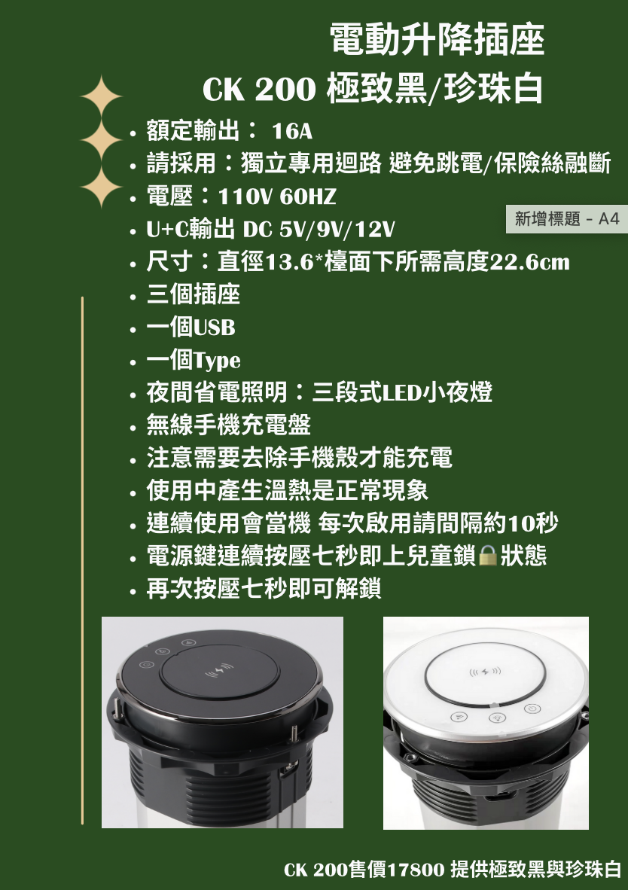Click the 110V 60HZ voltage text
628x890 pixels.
pos(276,197)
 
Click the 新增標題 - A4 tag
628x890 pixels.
pos(566,219)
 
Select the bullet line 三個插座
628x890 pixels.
pos(194,294)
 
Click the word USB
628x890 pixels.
pos(215,328)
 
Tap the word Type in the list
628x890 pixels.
pos(218,361)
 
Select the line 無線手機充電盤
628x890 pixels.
pos(229,425)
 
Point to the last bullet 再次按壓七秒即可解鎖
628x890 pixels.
pos(264,588)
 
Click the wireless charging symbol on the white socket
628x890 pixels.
pos(484,670)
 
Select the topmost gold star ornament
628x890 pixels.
pos(101,97)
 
